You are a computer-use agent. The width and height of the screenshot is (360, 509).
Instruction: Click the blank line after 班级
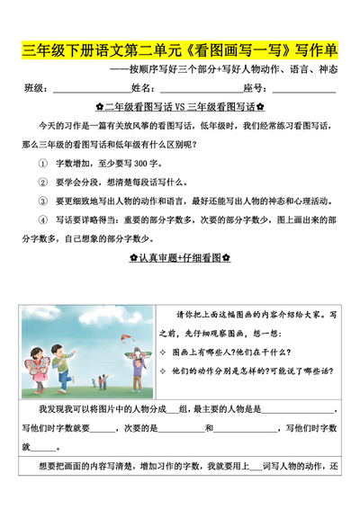coord(85,89)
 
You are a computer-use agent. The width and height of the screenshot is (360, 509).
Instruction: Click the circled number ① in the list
coord(41,165)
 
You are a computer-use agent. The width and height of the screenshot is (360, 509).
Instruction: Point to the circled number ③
coord(41,201)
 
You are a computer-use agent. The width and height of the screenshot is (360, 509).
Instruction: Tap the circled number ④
coord(41,219)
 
